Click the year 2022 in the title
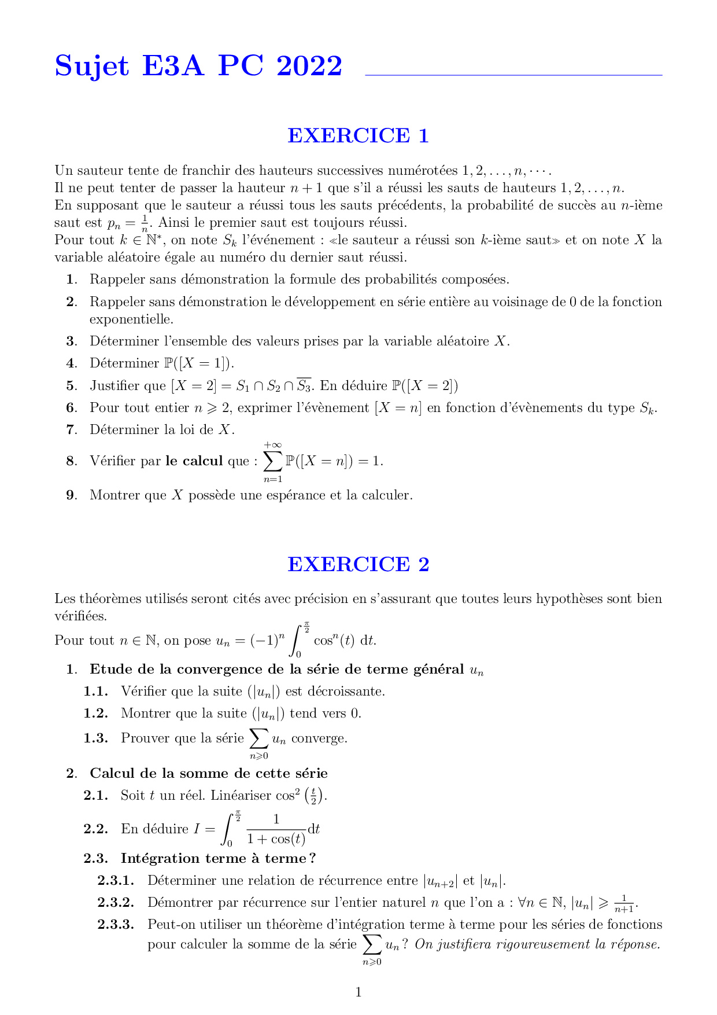309,66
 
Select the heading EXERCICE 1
358,135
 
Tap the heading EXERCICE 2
358,564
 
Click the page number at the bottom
358,992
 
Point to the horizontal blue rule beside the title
513,75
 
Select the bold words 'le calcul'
194,461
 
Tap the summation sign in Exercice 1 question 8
272,461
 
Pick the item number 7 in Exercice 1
71,430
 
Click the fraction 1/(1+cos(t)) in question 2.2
276,830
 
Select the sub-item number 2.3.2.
116,903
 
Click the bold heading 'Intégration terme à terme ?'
218,859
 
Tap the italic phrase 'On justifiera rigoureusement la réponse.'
537,944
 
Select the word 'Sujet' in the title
91,66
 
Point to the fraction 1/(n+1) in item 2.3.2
624,903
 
